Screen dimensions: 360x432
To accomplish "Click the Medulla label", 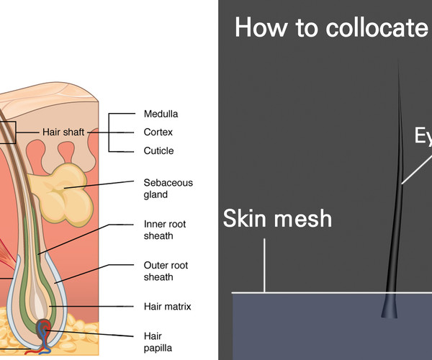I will coord(161,114).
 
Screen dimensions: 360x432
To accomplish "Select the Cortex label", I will coord(158,132).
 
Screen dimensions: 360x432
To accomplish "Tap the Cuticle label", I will coord(158,151).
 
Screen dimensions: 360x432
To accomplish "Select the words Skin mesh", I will coord(278,217).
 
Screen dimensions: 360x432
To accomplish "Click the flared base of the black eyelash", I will coord(390,311).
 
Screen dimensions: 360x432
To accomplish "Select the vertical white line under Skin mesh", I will coord(265,265).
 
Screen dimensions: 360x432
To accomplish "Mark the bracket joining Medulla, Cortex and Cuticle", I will coord(109,132).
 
